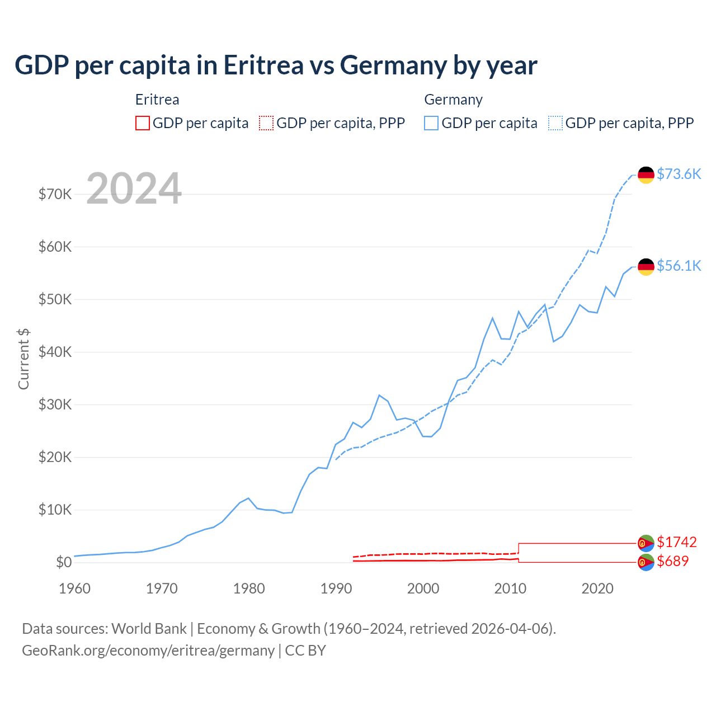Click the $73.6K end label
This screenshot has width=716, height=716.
coord(679,174)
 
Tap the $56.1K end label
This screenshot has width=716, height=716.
coord(679,266)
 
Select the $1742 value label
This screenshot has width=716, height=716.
coord(677,542)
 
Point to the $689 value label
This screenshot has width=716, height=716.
coord(673,561)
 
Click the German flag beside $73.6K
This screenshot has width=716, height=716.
coord(646,175)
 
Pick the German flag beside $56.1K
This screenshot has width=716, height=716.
coord(646,267)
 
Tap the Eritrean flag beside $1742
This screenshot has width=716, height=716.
coord(646,543)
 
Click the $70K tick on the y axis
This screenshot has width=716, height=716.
coord(55,194)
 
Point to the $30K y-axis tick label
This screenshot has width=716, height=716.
coord(55,404)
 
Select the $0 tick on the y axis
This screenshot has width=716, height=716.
coord(64,562)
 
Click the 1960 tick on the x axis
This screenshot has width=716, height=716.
coord(74,588)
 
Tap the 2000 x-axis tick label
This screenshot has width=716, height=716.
coord(423,588)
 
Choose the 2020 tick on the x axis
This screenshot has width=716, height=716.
coord(597,588)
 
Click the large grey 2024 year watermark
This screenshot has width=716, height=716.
coord(134,189)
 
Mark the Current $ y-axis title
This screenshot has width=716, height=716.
coord(23,359)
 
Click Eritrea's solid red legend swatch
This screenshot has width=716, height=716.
coord(143,123)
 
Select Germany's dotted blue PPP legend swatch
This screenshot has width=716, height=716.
coord(555,123)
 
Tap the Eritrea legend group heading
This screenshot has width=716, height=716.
coord(157,100)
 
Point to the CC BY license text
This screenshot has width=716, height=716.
coord(305,651)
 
